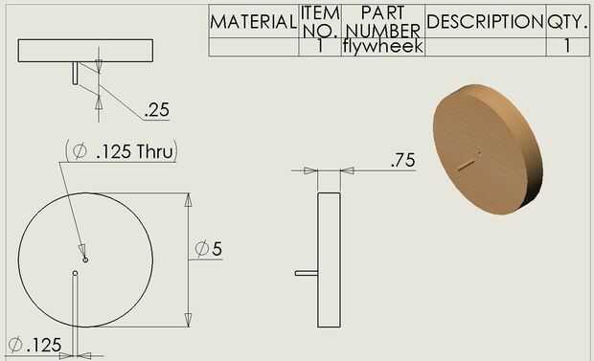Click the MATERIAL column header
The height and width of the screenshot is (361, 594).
[x=253, y=22]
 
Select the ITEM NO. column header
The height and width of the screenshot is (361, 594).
[x=320, y=22]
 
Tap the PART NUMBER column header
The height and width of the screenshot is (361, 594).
[x=383, y=22]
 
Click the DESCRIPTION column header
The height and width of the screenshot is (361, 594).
[x=486, y=22]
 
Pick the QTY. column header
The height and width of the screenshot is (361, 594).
[x=567, y=22]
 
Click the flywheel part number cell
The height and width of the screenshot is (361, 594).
[x=382, y=47]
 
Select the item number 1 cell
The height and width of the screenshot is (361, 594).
[x=320, y=46]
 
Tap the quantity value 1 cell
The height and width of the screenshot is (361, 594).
[x=567, y=46]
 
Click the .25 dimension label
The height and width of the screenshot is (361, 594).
[x=157, y=110]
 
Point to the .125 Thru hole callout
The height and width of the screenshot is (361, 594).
[x=122, y=151]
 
